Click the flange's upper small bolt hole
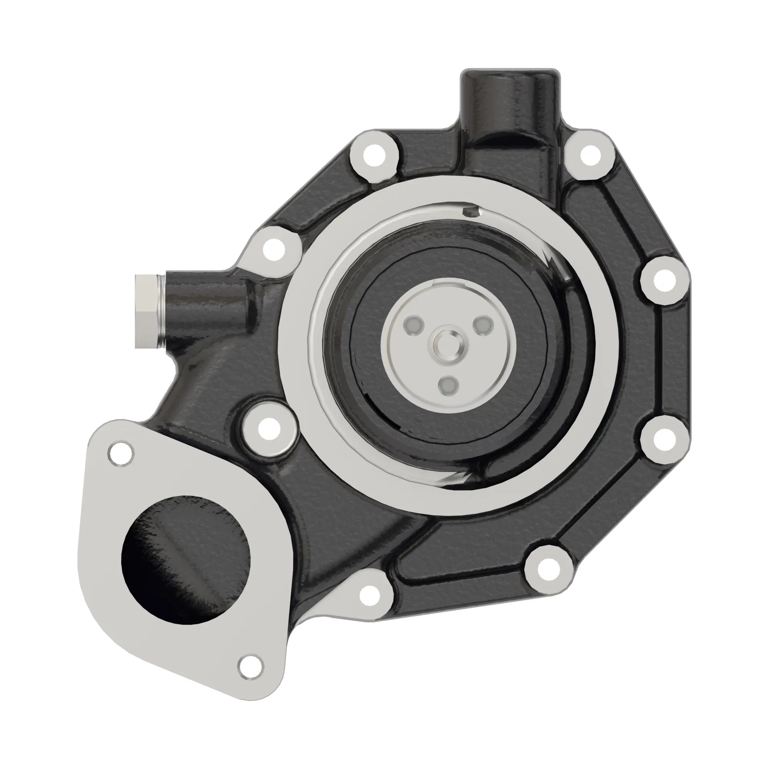(x=121, y=453)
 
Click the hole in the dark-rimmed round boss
(x=269, y=429)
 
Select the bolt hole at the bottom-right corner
(x=548, y=569)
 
